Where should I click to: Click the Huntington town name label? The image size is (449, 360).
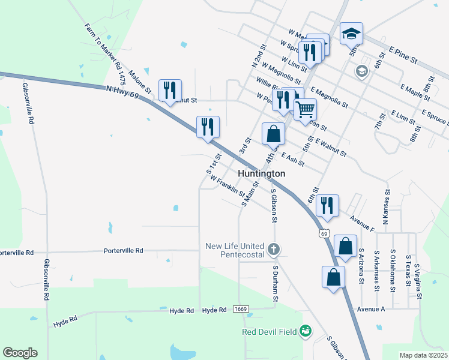coord(261,173)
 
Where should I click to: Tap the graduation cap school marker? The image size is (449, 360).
coord(352,34)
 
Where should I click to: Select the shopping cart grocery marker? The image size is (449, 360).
coord(306,109)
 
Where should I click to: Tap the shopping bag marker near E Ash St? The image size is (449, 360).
coord(273,133)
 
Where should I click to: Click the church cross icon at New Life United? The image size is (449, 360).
coord(274,248)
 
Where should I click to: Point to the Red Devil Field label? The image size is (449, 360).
coord(271,331)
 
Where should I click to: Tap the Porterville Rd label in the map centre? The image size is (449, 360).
coord(123,250)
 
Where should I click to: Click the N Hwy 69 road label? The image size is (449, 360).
coord(122,91)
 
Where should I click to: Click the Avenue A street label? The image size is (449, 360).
coord(370,309)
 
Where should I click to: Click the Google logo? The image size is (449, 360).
coord(20,353)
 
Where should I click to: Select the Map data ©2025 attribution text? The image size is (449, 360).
coord(423,355)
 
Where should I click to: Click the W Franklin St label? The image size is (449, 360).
coord(227,187)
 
